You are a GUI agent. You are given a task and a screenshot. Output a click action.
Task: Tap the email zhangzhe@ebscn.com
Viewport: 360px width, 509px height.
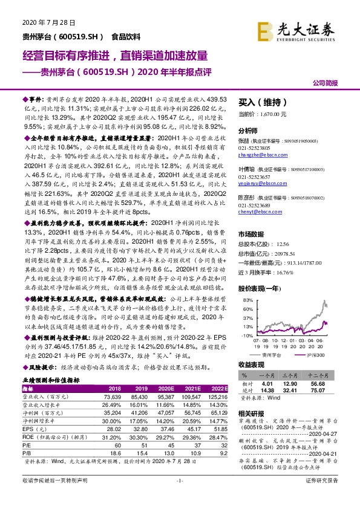(x=257, y=155)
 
